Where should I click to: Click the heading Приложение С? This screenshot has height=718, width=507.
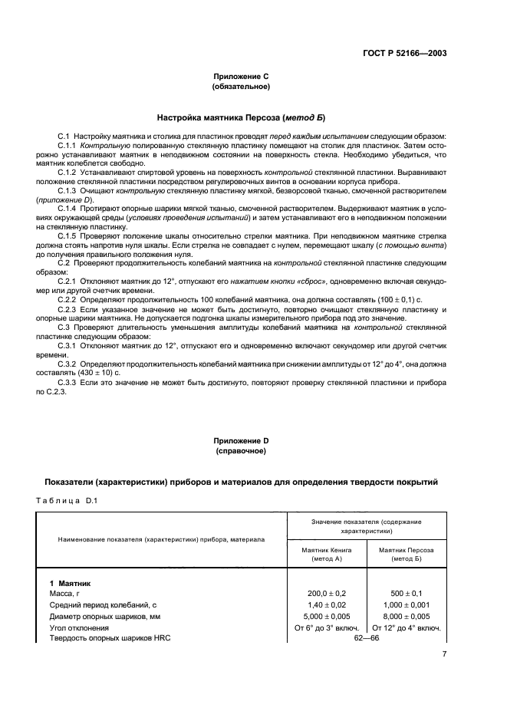240,77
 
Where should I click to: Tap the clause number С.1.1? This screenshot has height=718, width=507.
68,144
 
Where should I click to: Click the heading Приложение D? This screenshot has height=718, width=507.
240,441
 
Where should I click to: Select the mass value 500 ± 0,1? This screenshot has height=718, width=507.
406,594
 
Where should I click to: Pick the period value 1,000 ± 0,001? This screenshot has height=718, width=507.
406,605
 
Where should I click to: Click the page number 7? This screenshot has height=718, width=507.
444,654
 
